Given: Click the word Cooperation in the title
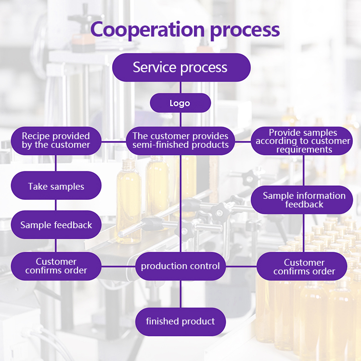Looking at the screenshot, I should pos(148,29).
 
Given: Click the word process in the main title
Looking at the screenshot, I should pos(245,29).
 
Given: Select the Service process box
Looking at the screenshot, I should pos(181,67).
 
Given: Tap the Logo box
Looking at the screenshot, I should pos(180,103).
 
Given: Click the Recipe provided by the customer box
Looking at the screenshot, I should pos(56,141).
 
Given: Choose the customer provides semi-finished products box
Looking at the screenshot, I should pos(180,141).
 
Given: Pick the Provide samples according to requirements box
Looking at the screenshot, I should pos(303,141).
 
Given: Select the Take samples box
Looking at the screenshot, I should pos(56,186).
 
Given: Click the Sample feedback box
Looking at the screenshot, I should pos(56,225).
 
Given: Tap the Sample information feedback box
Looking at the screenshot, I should pos(304,200).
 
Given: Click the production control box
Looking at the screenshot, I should pos(180,266).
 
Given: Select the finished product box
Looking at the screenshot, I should pos(180,321).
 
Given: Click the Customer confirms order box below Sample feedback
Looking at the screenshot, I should pos(56,266).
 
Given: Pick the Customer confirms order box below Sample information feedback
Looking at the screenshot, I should pos(304,267).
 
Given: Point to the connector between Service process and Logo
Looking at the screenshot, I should pos(180,87).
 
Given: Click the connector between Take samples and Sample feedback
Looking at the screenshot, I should pos(56,205).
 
